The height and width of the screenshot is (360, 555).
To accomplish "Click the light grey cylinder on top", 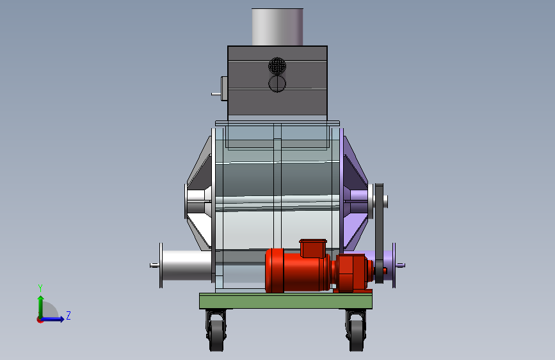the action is tap(277, 27).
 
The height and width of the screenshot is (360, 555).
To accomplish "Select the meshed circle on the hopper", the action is tap(277, 66).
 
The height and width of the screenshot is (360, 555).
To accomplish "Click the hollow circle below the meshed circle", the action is tap(277, 84).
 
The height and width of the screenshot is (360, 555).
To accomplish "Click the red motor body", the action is tap(297, 270).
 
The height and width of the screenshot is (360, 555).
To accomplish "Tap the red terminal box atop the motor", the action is tap(313, 249).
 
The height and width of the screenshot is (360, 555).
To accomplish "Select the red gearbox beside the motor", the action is tap(351, 272).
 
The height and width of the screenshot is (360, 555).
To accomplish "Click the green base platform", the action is tap(286, 301).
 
